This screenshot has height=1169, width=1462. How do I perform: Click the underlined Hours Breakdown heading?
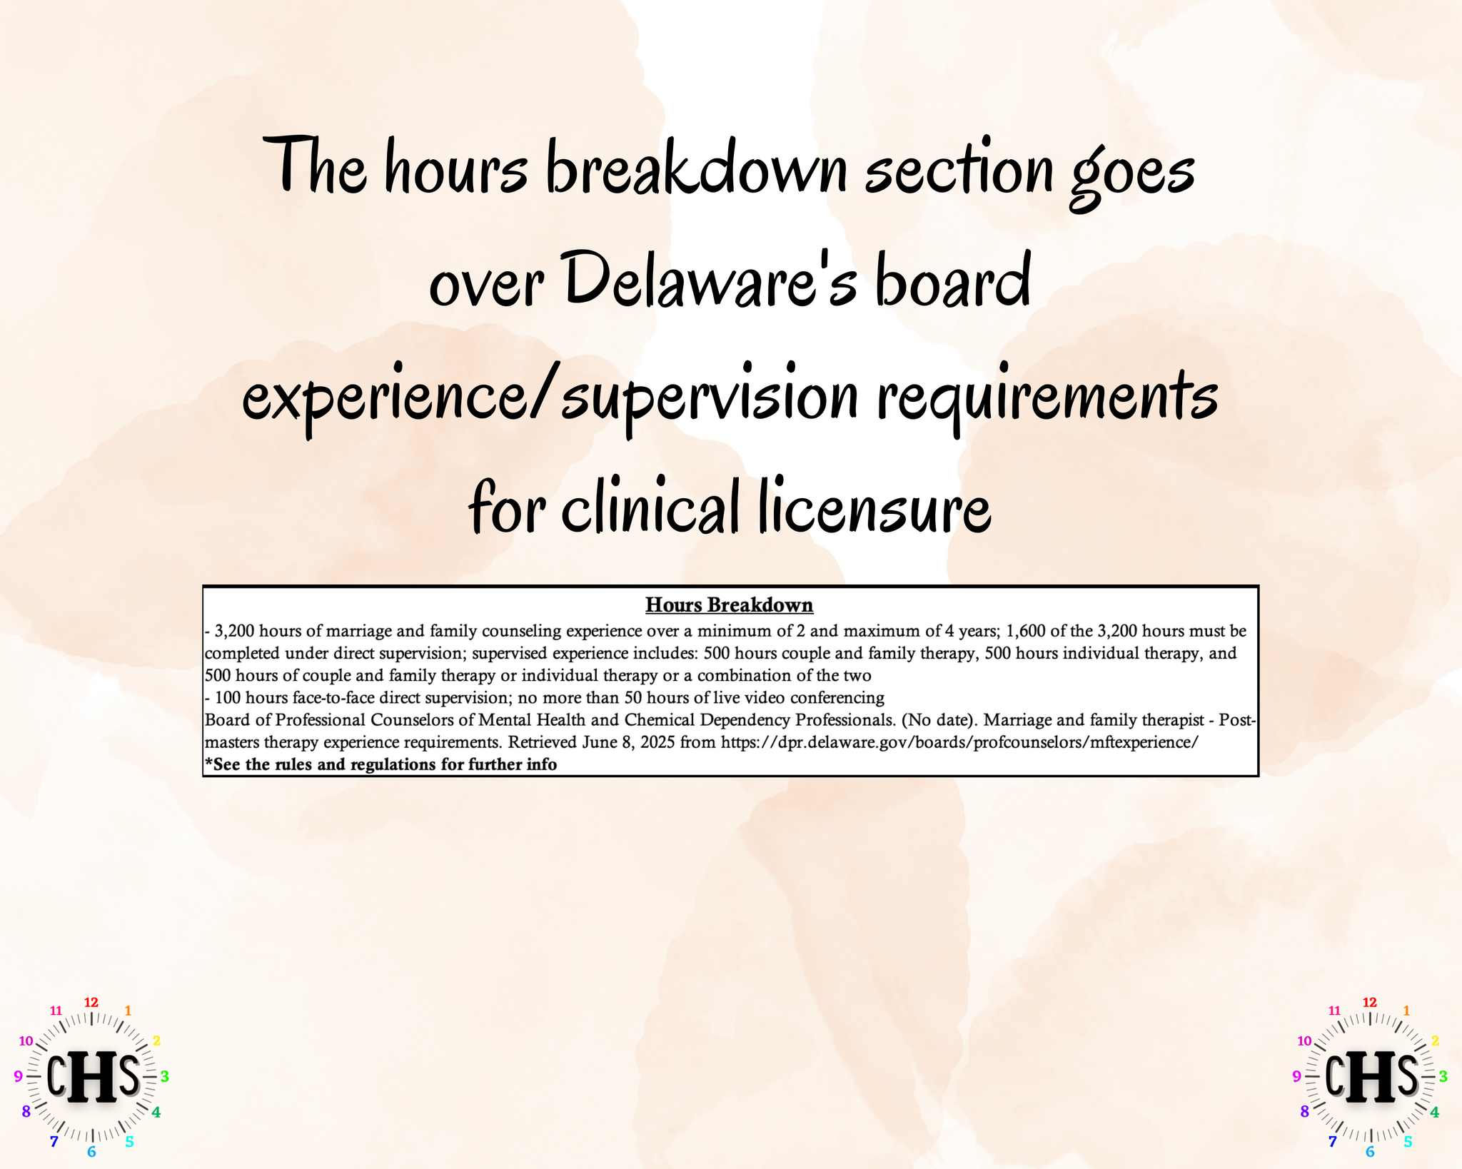click(x=729, y=605)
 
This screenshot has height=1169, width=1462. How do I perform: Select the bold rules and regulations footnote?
click(x=380, y=764)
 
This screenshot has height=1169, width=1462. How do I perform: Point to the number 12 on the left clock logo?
click(x=91, y=1003)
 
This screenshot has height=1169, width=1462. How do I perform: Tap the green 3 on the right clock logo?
click(x=1443, y=1076)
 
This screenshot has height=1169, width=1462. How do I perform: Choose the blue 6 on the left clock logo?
click(x=91, y=1152)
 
